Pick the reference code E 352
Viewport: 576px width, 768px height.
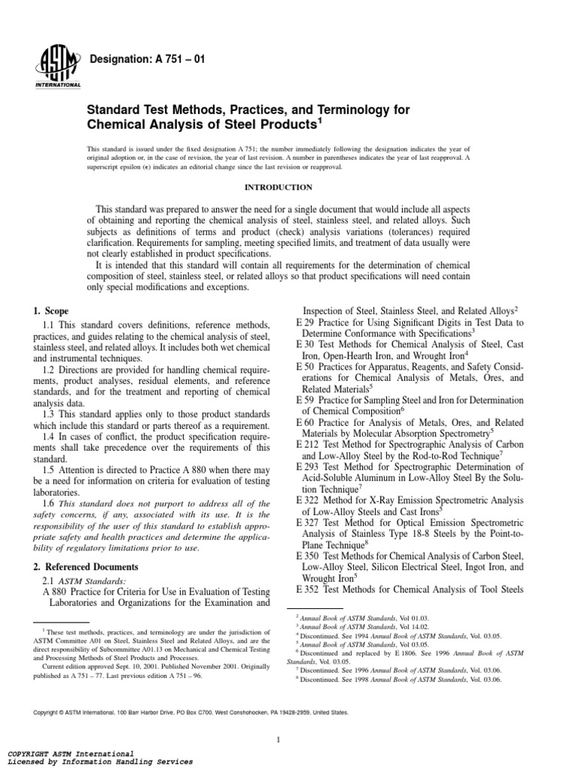coord(310,589)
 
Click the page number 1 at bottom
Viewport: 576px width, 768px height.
coord(277,720)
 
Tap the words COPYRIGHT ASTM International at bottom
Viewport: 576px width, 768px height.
coord(70,752)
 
